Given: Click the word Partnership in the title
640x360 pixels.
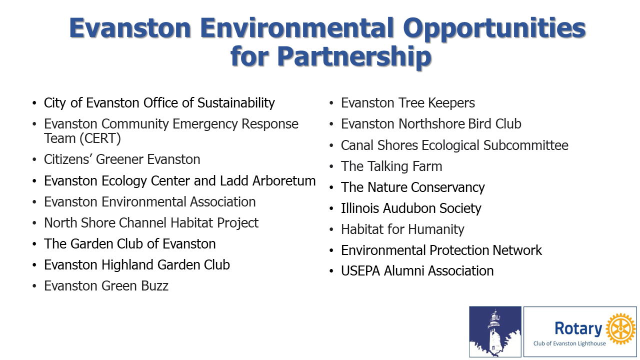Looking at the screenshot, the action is coord(353,56).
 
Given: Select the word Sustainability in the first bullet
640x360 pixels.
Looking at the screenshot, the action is coord(236,103).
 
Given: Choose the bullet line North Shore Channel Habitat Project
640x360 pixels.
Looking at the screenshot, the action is coord(151,223).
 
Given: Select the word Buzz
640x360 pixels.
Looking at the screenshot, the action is coord(154,285).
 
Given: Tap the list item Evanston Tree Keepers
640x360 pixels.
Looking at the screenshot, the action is coord(407,103).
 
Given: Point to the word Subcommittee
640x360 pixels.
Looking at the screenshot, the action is coord(525,145).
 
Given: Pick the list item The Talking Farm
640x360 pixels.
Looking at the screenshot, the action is coord(391,166).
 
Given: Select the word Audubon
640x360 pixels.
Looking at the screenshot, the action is coord(409,208).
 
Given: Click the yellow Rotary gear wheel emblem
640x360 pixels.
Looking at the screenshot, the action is coord(620,328).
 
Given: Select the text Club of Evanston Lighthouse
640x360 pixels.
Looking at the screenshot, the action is coord(569,343).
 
